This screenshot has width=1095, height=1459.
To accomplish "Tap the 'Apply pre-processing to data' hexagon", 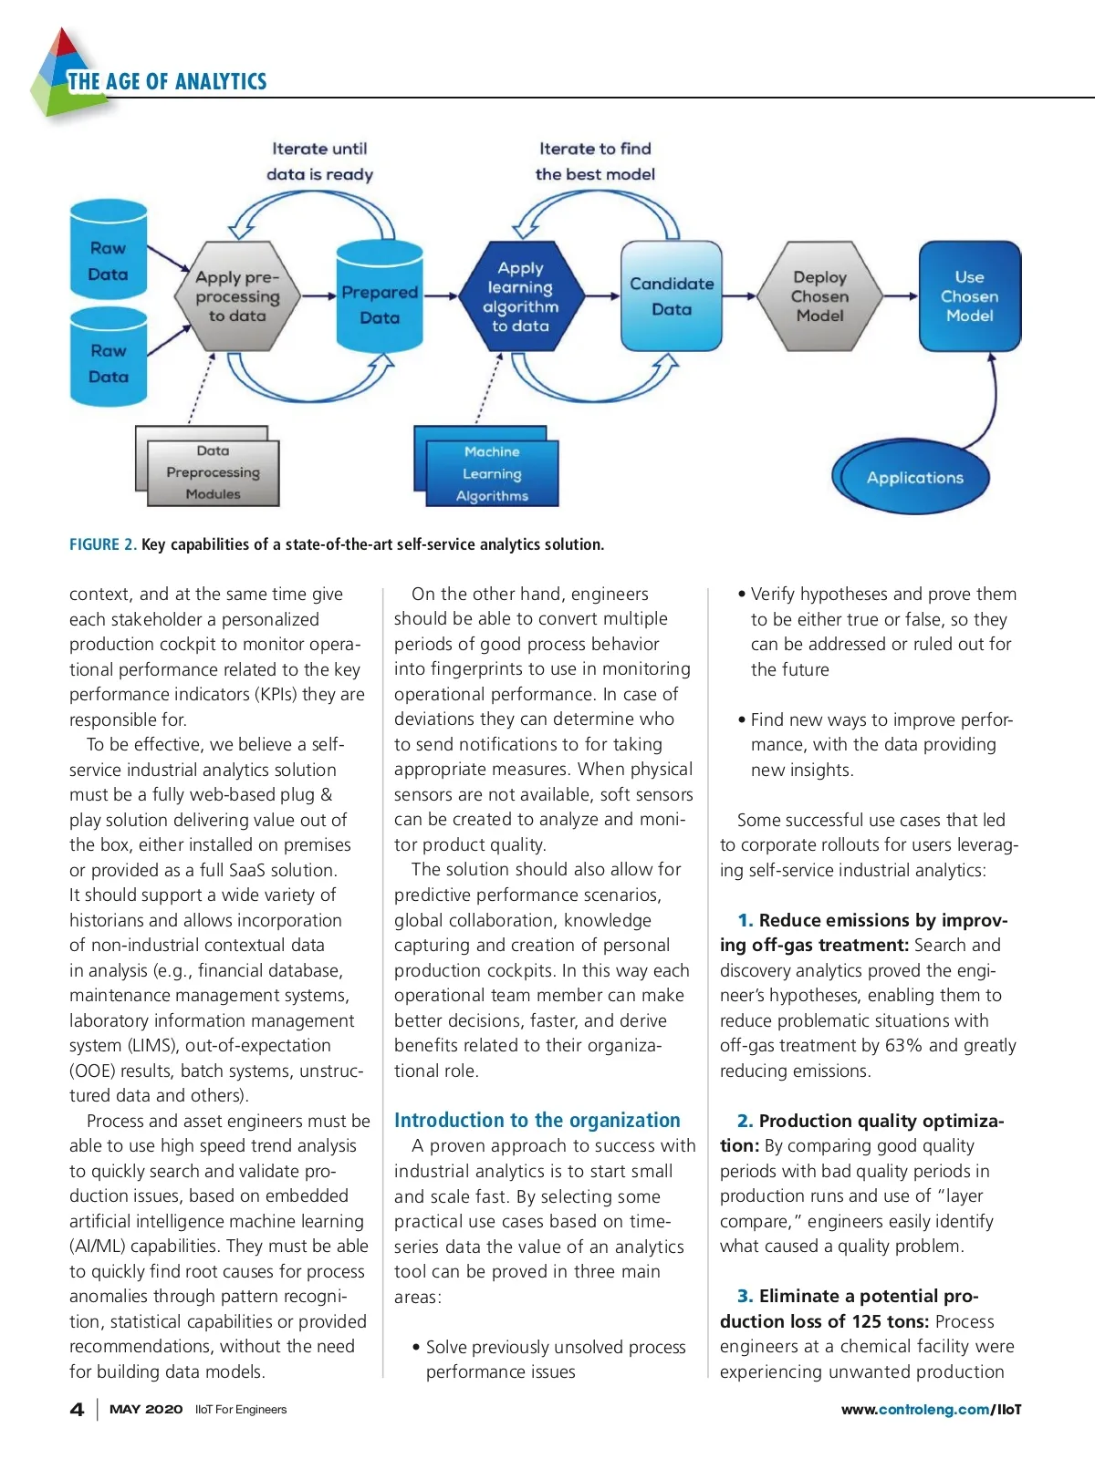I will [x=237, y=296].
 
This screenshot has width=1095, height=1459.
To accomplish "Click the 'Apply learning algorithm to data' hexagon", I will [x=521, y=296].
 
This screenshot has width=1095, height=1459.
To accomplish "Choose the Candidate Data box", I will [x=672, y=296].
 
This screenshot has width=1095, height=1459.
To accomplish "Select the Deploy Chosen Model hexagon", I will [x=820, y=296].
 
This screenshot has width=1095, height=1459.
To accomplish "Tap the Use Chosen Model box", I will [x=969, y=296].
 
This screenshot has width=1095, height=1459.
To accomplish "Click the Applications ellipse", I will [x=914, y=477].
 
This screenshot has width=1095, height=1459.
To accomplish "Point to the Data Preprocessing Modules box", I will [x=213, y=472].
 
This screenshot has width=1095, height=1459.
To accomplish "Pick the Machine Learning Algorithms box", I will [x=492, y=473].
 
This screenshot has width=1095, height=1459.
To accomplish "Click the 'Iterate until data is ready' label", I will [x=319, y=161].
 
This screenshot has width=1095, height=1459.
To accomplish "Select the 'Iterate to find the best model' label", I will [x=595, y=161].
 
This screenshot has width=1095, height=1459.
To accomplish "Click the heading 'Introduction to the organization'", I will [x=537, y=1120].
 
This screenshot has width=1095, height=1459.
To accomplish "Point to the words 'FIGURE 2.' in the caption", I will [x=102, y=544].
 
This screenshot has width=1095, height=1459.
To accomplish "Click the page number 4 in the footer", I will [x=78, y=1409].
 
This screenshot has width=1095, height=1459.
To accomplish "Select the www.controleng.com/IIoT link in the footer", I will [x=931, y=1409].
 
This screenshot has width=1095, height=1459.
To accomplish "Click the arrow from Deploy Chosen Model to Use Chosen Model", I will [x=901, y=295].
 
